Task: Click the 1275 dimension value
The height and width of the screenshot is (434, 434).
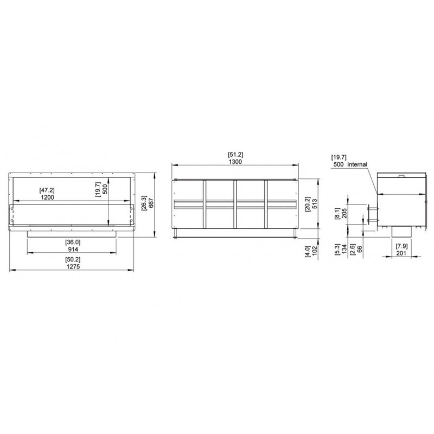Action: coord(73,266)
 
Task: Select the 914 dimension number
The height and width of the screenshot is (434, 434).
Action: coord(73,249)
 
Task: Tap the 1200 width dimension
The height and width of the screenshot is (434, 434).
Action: coord(47,197)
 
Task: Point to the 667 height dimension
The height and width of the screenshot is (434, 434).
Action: coord(151,203)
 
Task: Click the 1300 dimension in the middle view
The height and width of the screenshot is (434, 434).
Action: coord(235,162)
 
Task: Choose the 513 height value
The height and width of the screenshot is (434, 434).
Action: coord(315,204)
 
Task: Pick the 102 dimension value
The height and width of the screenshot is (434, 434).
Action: coord(315,251)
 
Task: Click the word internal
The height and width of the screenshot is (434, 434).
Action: coord(358,164)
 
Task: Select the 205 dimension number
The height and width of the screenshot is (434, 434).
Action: coord(344,213)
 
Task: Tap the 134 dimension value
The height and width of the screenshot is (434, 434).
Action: coord(344,249)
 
